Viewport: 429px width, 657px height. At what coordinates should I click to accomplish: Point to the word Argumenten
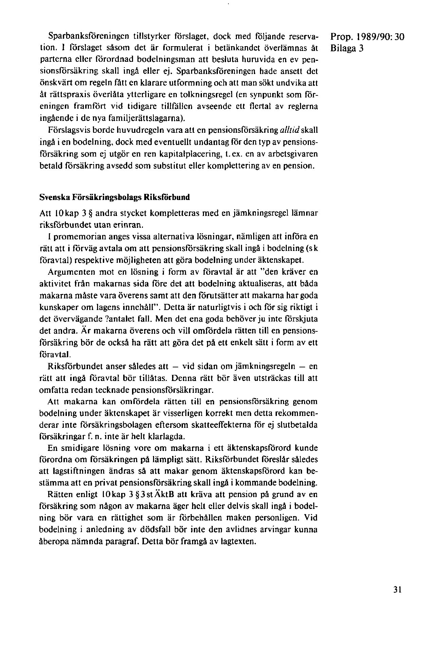coord(68,272)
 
